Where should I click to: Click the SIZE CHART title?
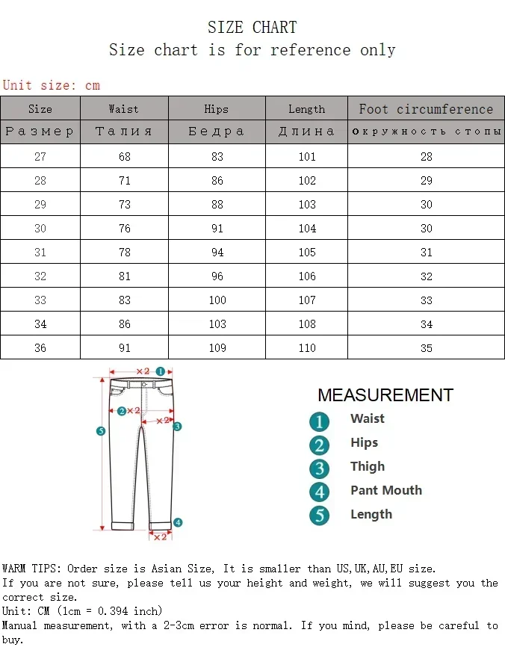click(x=252, y=28)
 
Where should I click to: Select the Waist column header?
click(x=123, y=108)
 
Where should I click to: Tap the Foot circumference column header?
click(x=426, y=108)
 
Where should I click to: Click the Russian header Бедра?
click(x=216, y=131)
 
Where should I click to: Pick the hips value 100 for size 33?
click(x=217, y=300)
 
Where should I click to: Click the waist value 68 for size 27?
click(x=124, y=157)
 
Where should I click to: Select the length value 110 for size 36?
click(x=307, y=348)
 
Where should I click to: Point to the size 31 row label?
click(x=40, y=253)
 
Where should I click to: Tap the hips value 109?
click(x=217, y=348)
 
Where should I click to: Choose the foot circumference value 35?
click(x=426, y=348)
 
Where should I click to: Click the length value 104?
click(x=307, y=229)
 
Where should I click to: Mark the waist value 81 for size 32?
click(x=124, y=276)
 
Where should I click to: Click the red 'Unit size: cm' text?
click(x=51, y=85)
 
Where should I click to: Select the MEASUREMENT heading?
click(x=385, y=395)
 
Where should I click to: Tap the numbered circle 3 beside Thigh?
click(x=319, y=468)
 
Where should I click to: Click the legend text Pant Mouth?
click(x=385, y=490)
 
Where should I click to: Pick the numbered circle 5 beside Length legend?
click(x=319, y=516)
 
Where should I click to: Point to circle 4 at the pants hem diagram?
click(x=178, y=522)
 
